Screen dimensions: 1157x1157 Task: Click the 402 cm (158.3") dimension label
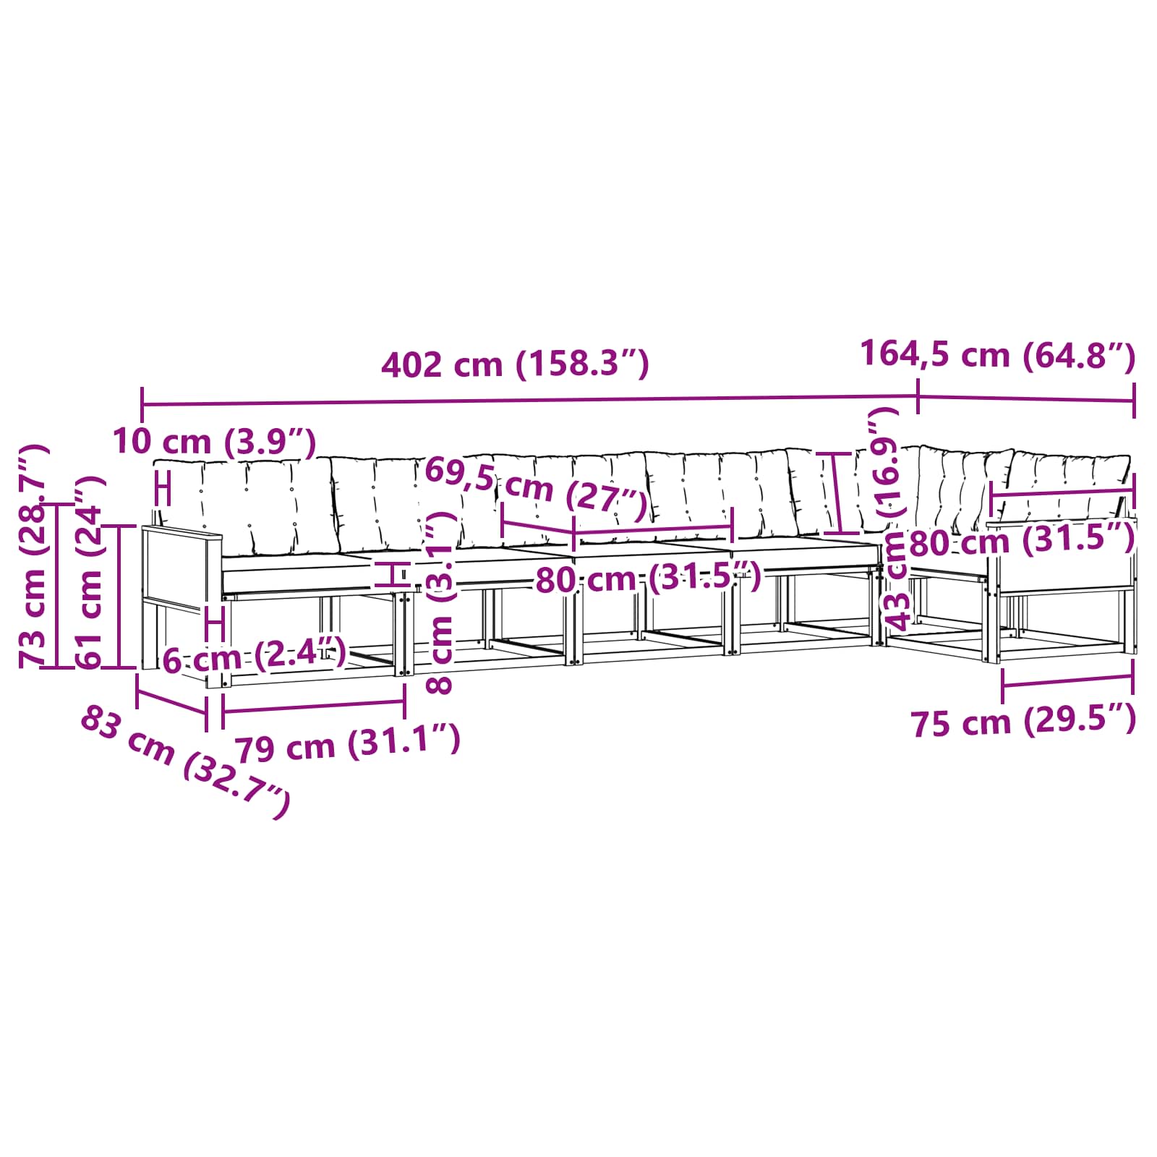coord(515,364)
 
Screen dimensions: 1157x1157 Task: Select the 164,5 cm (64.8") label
coord(998,355)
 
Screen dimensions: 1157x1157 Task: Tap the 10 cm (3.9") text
coord(215,442)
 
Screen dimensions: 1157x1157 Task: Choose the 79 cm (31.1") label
coord(348,744)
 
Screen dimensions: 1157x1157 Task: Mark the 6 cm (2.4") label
coord(254,657)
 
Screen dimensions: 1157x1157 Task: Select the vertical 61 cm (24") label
coord(90,572)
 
